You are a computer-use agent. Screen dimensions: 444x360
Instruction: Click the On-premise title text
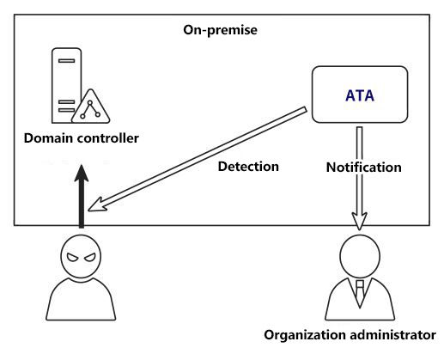click(220, 30)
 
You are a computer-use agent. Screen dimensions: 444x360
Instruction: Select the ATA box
click(360, 95)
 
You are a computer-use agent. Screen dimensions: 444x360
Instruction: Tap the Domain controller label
click(82, 138)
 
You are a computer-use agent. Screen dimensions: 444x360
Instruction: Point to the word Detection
click(248, 167)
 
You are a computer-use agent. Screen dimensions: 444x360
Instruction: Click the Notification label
click(363, 168)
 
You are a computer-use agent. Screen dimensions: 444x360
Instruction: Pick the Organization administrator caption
click(350, 335)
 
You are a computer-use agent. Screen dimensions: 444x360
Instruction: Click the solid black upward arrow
click(82, 197)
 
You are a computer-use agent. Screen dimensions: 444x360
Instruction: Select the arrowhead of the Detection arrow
click(97, 204)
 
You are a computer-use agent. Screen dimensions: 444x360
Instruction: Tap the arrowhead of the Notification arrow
click(359, 221)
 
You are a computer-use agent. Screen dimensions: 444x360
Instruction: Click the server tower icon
click(66, 86)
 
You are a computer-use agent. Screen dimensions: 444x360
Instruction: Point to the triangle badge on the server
click(90, 107)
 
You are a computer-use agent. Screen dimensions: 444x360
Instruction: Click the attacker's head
click(81, 256)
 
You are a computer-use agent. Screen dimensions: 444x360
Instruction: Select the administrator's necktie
click(360, 294)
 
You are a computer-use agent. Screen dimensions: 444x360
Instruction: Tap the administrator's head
click(360, 256)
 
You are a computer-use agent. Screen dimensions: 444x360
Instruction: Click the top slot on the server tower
click(66, 61)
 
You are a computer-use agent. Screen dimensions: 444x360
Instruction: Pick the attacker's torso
click(81, 299)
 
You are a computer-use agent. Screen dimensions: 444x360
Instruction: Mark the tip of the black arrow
click(82, 165)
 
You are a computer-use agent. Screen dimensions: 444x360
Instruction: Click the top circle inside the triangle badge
click(90, 102)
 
